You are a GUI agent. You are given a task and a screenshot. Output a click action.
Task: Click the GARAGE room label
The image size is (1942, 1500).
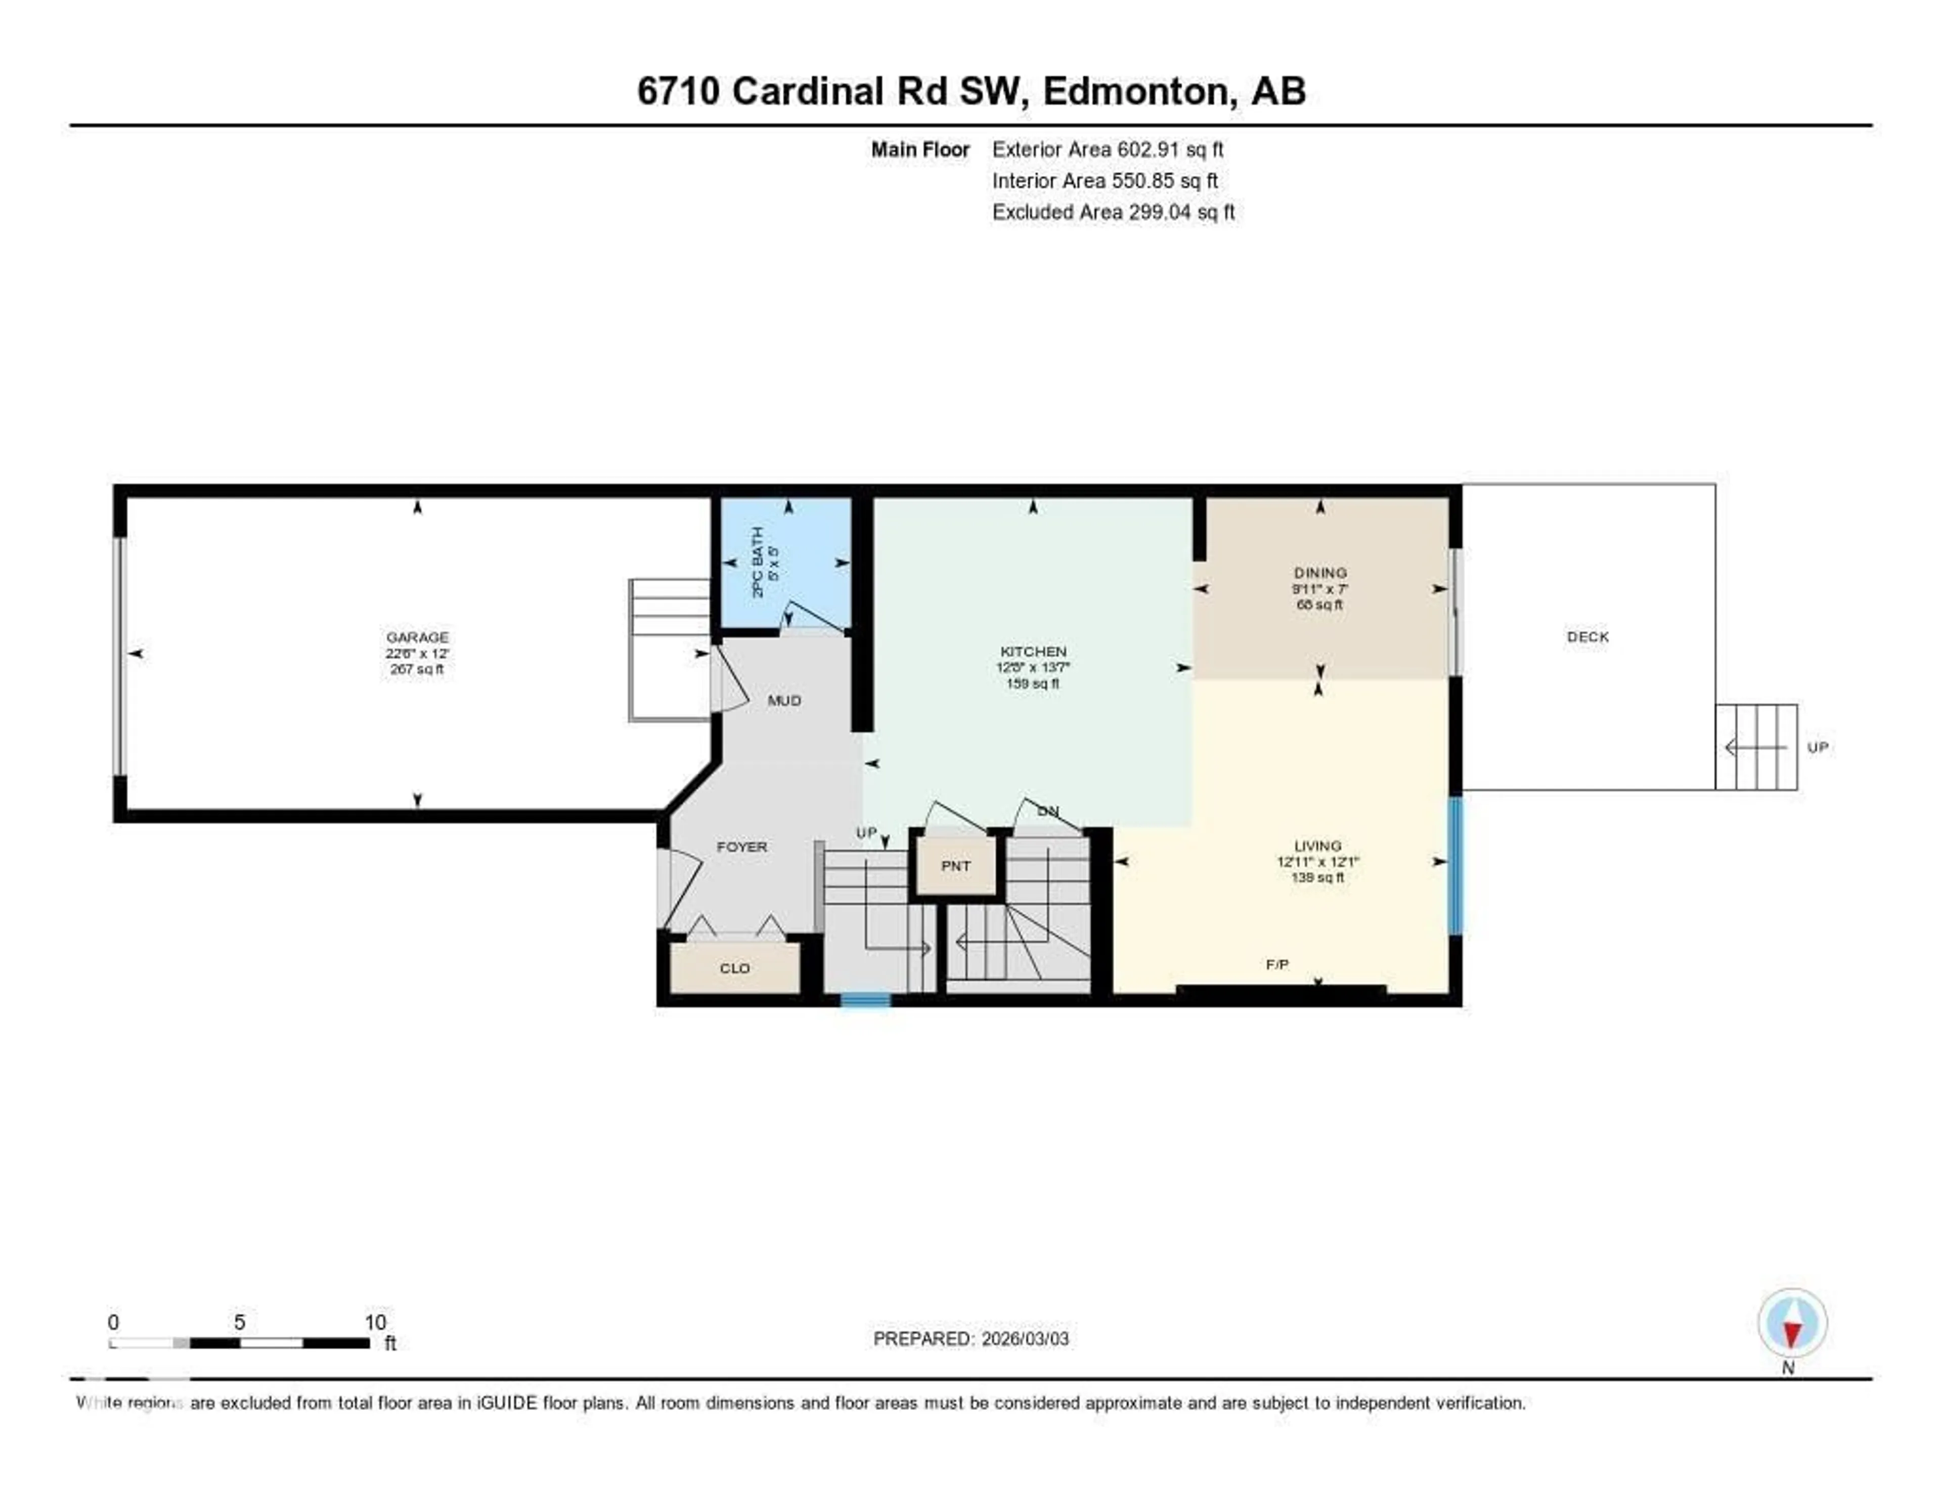coord(417,637)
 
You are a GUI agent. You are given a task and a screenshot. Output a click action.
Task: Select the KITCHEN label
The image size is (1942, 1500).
coord(1032,651)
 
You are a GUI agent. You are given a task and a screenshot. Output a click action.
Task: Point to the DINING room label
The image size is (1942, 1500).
coord(1319,572)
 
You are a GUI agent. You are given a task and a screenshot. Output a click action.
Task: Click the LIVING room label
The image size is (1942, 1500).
coord(1317,846)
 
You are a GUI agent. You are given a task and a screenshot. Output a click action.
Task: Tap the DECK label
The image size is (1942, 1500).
coord(1587,637)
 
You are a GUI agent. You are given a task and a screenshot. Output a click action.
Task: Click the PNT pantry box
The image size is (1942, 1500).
coord(956,865)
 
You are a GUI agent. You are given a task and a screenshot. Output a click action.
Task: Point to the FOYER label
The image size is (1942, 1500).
coord(741,847)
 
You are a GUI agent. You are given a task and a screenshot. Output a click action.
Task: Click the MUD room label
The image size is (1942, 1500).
coord(784,700)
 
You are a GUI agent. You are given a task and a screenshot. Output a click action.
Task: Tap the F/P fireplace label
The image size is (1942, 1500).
coord(1277,964)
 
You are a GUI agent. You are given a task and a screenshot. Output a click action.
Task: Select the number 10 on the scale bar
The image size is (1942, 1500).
coord(375,1322)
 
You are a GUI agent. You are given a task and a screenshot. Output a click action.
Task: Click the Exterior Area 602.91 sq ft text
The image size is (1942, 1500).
coord(1107,149)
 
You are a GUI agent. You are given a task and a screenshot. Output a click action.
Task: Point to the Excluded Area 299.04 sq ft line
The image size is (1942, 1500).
coord(1113,211)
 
